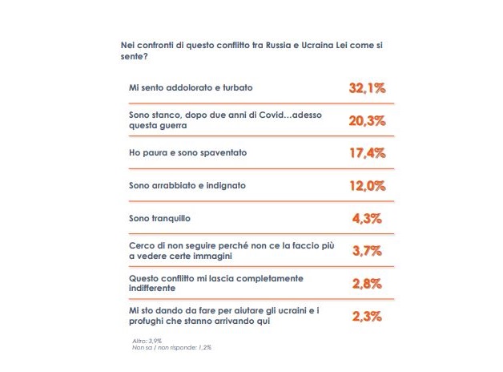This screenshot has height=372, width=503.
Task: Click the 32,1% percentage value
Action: coord(367,88)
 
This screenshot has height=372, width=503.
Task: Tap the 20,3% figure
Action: coord(367,121)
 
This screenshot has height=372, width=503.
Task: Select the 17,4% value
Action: coord(367,153)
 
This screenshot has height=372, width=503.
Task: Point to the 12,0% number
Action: coord(367,186)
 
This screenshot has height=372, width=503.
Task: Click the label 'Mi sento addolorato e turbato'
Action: coord(185,87)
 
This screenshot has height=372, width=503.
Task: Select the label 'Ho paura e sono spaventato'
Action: coord(180,152)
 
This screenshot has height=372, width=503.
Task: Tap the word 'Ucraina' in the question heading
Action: coord(318,46)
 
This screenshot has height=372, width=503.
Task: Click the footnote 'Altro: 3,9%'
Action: coord(147,341)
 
